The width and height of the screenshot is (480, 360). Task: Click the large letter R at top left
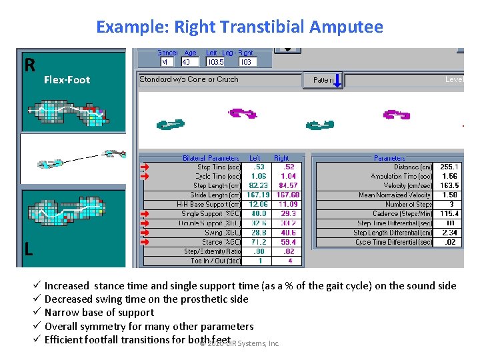tap(29, 65)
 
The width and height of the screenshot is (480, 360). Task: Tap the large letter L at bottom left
tap(29, 249)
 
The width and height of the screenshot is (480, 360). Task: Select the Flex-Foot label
tap(67, 79)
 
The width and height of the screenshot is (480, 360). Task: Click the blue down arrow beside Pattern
tap(337, 80)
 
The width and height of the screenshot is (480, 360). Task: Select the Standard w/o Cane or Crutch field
tap(189, 79)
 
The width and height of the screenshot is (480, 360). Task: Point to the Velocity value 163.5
tap(449, 185)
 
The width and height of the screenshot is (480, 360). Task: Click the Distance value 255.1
tap(449, 167)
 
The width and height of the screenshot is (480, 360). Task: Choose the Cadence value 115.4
tap(449, 213)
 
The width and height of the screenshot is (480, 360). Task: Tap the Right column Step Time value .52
tap(289, 167)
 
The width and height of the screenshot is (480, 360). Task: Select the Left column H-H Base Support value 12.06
tap(259, 204)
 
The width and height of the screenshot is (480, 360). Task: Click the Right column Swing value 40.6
tap(289, 233)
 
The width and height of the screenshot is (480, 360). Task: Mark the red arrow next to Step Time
tap(146, 167)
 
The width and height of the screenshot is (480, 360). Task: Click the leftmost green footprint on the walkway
tap(171, 123)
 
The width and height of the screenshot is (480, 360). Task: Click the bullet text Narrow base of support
tap(99, 312)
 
